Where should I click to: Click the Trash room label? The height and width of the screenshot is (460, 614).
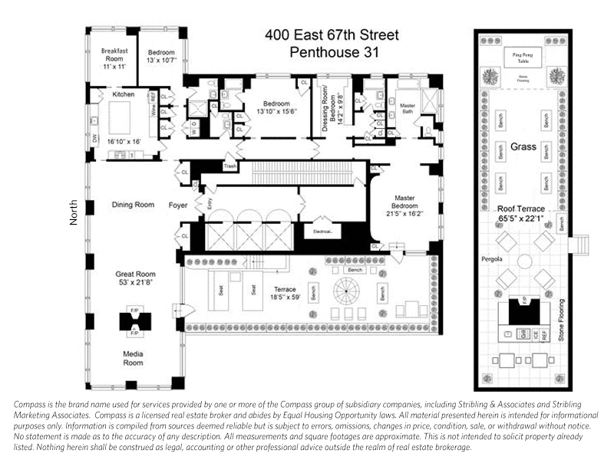coord(229,166)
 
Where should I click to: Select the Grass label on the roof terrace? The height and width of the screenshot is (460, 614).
coord(522,146)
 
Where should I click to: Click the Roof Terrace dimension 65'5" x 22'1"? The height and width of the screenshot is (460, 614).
coord(522,219)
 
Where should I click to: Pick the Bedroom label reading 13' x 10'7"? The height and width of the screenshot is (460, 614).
coord(162,59)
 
